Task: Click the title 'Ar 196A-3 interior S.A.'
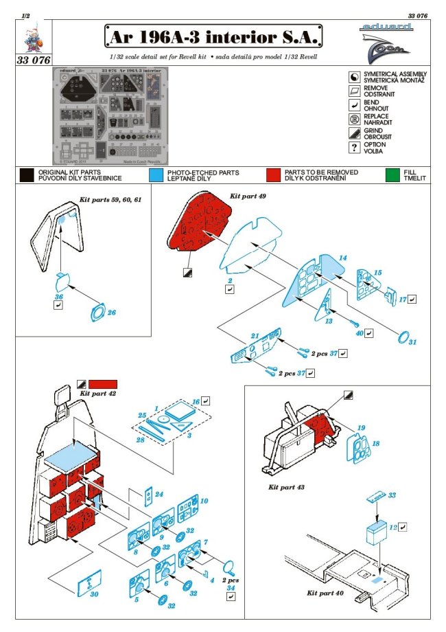(x=213, y=36)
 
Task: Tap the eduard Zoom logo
(x=387, y=39)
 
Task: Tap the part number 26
(x=111, y=313)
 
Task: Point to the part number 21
(x=255, y=335)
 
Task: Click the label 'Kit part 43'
(x=287, y=486)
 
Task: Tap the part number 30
(x=95, y=595)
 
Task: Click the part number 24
(x=159, y=494)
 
